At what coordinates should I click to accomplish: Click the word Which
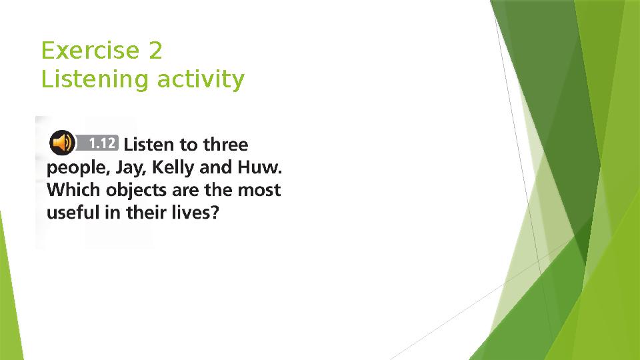coord(69,190)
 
